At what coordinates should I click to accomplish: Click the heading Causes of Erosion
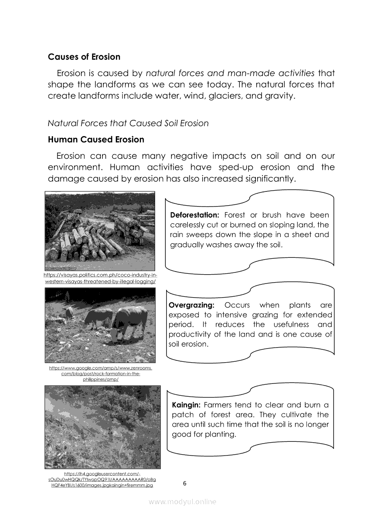[84, 57]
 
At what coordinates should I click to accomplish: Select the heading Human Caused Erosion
[96, 140]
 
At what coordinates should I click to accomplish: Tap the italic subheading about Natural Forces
[128, 123]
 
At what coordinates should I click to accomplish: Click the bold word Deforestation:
[194, 215]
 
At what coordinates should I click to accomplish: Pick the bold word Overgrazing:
[192, 306]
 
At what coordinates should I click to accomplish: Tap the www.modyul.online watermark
[182, 502]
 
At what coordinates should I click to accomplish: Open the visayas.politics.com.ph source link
[101, 278]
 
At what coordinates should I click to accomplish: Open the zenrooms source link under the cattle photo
[101, 374]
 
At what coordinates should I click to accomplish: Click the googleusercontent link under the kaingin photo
[102, 480]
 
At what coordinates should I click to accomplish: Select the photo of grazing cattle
[100, 325]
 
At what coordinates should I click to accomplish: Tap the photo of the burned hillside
[102, 426]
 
